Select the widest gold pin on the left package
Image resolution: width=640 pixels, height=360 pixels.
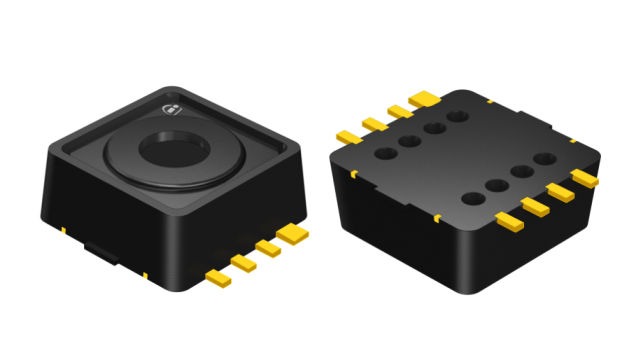[291, 235]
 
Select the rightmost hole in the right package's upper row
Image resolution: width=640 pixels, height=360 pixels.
[458, 118]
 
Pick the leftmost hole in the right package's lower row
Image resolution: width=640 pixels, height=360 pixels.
[469, 197]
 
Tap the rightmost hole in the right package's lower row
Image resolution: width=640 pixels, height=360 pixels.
[545, 159]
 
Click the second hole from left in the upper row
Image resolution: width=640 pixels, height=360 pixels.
[409, 141]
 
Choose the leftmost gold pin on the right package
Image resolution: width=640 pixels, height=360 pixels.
[346, 136]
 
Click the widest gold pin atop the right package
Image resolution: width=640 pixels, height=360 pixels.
[424, 98]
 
